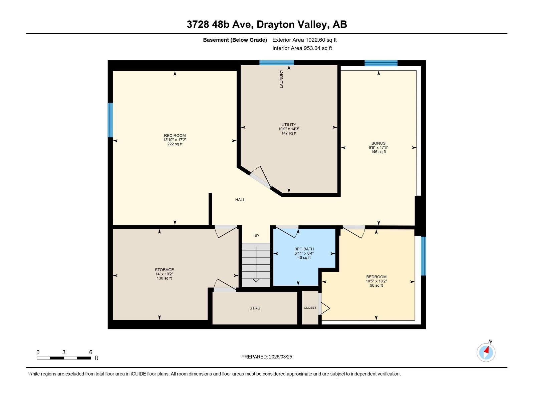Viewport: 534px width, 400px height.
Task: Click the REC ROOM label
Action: coord(175,136)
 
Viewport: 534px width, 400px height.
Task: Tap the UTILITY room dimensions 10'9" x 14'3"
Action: coord(289,129)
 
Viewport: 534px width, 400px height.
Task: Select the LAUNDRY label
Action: coord(281,79)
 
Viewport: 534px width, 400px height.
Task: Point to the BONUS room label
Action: coord(378,143)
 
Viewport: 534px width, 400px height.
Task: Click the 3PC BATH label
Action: coord(304,249)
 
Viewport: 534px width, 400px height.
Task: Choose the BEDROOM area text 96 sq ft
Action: coord(376,285)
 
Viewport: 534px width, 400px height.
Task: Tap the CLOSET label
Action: coord(310,308)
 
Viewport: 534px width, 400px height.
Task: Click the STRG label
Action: coord(255,308)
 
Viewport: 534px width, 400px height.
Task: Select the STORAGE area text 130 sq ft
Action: coord(164,278)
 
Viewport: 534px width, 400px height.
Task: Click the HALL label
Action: coord(240,200)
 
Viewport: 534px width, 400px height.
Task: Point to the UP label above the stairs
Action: coord(256,236)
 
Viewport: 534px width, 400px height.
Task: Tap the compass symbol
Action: coord(486,352)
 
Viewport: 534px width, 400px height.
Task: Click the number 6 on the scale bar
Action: coord(91,352)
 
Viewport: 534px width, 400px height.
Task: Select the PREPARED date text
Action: coord(267,357)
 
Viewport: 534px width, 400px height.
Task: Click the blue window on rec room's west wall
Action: coord(110,120)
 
